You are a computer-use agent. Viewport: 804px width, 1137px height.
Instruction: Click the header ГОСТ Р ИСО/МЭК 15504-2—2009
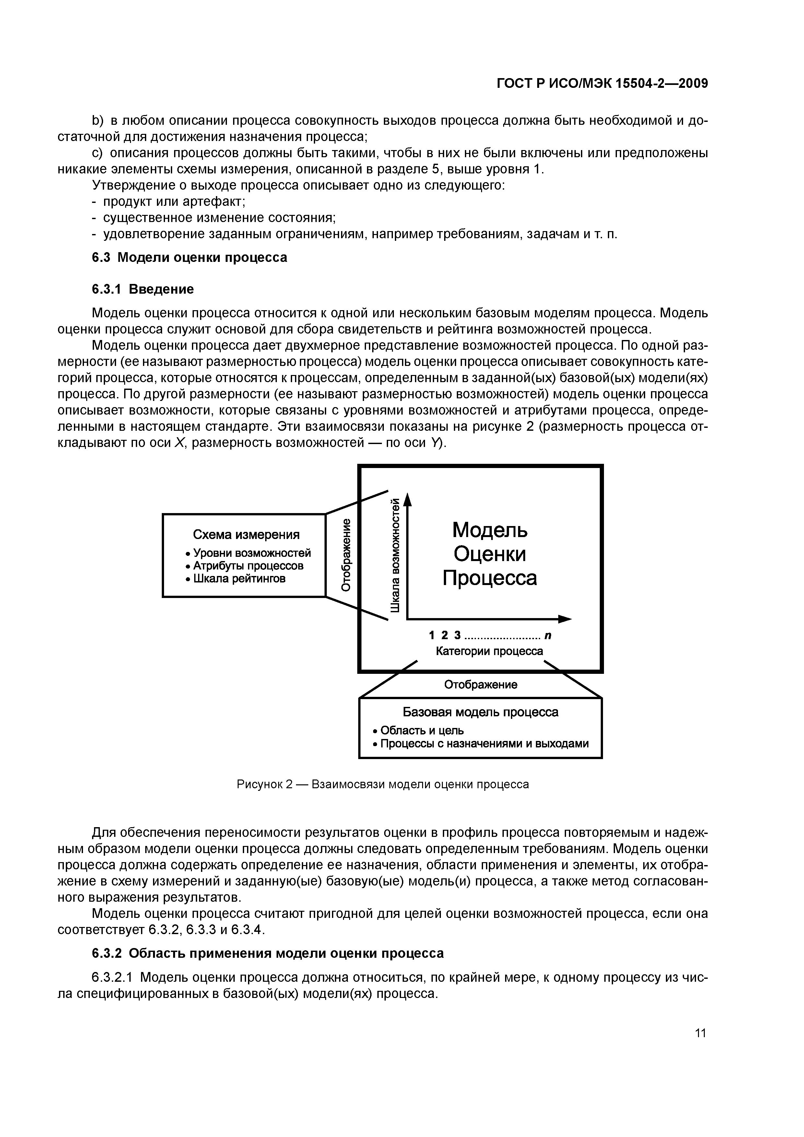(602, 84)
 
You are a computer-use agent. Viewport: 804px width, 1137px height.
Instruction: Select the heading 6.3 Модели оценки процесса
(190, 257)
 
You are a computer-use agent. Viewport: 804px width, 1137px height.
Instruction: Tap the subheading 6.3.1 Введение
(143, 289)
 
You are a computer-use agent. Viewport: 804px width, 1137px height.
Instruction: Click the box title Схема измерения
(246, 535)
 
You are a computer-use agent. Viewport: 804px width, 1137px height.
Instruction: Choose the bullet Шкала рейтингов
(235, 579)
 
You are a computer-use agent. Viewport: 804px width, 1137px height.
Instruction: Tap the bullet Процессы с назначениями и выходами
(481, 744)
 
